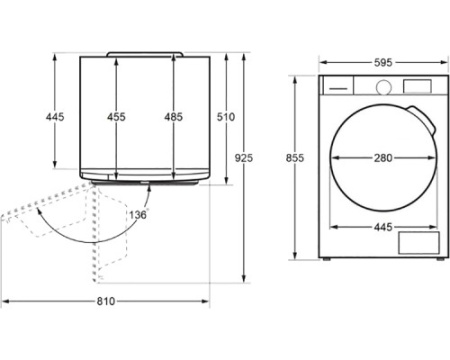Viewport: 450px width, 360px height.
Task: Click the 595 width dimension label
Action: pos(383,62)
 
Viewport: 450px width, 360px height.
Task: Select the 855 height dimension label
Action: pos(295,158)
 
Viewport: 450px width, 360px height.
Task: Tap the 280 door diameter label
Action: pos(383,158)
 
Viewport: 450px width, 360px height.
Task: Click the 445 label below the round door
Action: pos(383,227)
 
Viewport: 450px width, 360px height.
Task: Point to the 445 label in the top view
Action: pos(55,117)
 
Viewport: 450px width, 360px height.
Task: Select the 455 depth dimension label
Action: pos(116,117)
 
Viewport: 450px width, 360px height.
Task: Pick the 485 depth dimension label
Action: pos(174,117)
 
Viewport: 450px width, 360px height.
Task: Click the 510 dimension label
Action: pos(226,117)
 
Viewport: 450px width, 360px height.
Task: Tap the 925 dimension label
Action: pos(244,158)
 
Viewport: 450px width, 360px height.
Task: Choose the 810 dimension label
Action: pos(106,301)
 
